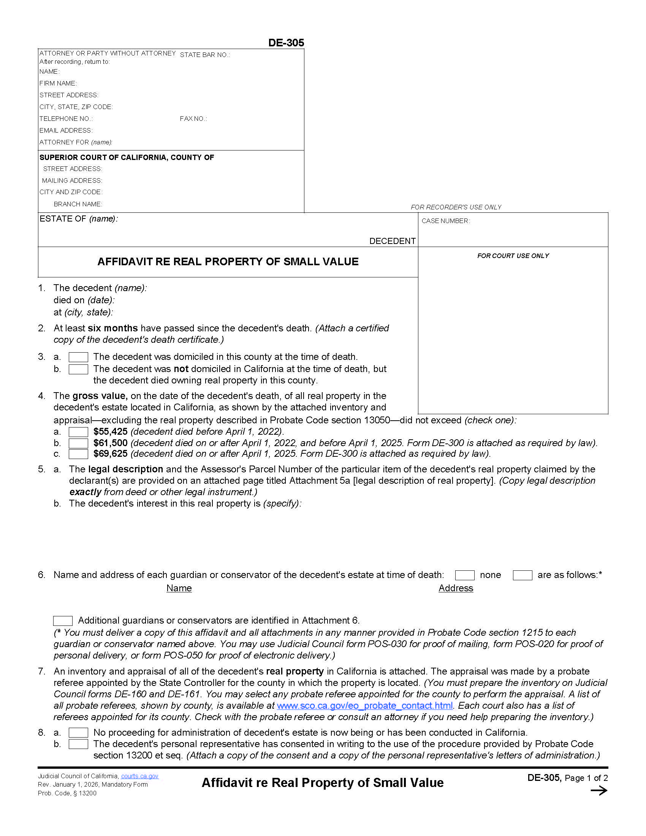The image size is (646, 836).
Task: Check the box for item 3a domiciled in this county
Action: tap(78, 357)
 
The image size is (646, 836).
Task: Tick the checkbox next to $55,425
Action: tap(78, 432)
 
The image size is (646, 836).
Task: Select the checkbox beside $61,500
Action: tap(78, 443)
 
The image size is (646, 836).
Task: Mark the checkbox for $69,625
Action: tap(78, 454)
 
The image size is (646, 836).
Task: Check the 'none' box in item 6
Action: tap(464, 575)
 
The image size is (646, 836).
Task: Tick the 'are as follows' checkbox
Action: tap(522, 575)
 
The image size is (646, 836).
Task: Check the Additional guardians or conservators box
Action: tap(63, 621)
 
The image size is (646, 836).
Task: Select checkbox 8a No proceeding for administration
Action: tap(78, 733)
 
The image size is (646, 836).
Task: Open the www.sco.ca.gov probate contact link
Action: tap(364, 706)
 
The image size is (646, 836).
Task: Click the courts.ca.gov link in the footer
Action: tap(140, 776)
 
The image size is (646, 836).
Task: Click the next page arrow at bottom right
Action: tap(598, 790)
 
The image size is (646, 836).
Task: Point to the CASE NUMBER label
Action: tap(445, 221)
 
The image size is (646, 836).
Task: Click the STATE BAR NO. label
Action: tap(205, 55)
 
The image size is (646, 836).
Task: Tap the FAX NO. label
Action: tap(193, 119)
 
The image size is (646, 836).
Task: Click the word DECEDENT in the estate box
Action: tap(392, 241)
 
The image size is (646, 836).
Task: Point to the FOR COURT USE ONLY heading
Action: tap(513, 256)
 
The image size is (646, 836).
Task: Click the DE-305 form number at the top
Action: tap(286, 43)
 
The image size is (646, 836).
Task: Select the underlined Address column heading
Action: tap(455, 588)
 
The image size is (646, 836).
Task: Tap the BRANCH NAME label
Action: tap(78, 204)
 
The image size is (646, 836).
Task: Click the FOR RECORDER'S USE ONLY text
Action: tap(456, 207)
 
